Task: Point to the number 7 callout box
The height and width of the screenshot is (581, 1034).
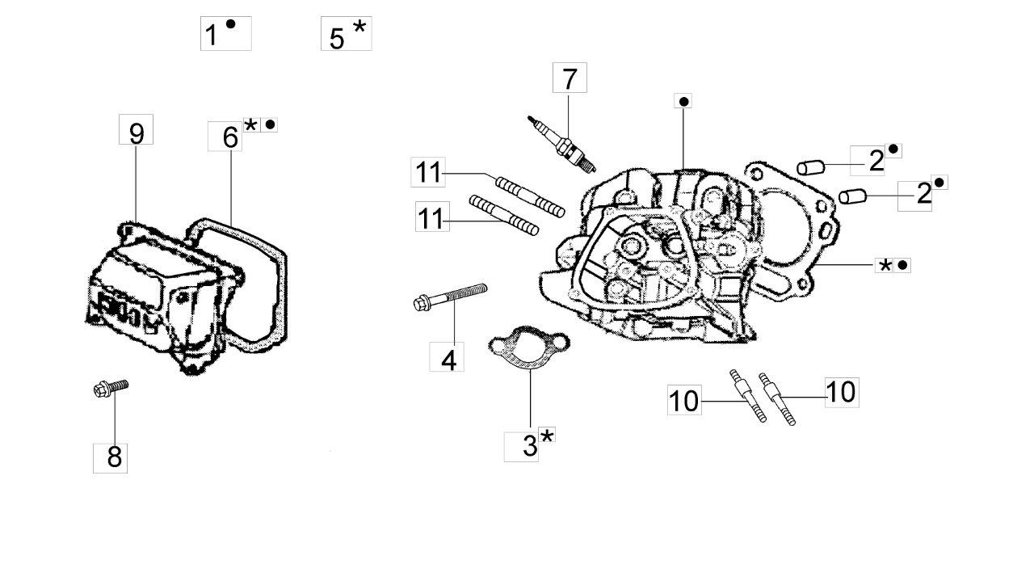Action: pos(570,79)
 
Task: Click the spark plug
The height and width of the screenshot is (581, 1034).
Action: pos(565,145)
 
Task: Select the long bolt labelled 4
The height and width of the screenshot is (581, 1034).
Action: pos(452,296)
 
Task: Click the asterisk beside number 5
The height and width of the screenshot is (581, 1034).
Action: pos(359,27)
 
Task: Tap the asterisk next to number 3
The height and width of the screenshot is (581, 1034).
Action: pos(547,437)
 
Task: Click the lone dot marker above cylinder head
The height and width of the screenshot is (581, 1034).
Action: pos(683,101)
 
